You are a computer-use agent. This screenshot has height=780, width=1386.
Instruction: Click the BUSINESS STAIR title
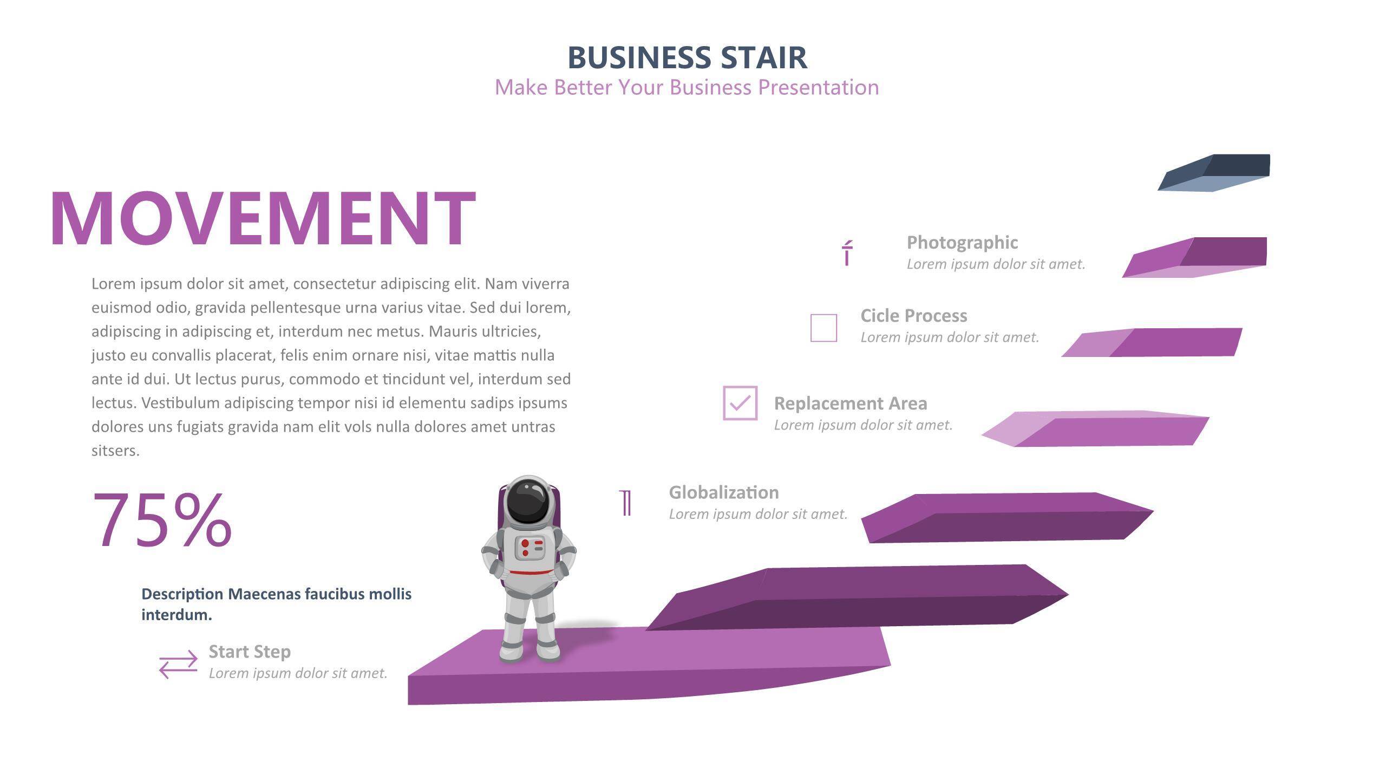[687, 57]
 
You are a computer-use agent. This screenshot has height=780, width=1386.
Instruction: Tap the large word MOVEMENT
[263, 219]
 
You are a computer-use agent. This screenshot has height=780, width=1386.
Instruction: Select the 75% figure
[162, 520]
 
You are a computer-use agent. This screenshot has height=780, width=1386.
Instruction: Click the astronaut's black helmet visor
[529, 501]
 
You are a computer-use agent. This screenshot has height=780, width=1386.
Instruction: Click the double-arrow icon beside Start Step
[178, 664]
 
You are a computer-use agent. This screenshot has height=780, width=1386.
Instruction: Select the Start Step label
[250, 652]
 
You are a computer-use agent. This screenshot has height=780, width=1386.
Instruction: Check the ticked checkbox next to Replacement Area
[740, 402]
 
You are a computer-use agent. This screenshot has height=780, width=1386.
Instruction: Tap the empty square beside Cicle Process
[823, 328]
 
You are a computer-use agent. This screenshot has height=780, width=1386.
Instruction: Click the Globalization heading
[724, 492]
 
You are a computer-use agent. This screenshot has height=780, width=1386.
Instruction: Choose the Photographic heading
[962, 242]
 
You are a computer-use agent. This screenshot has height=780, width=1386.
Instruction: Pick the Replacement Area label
[851, 404]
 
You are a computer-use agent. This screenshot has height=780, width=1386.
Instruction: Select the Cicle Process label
[914, 316]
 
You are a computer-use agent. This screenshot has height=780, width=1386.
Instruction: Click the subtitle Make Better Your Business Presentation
[687, 88]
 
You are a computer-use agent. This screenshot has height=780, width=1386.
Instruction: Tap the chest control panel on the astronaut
[529, 548]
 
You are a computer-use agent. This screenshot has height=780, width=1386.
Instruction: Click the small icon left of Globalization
[626, 503]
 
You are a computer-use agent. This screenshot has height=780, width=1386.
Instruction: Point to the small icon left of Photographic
[847, 253]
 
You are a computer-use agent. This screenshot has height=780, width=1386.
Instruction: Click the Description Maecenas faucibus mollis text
[276, 604]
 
